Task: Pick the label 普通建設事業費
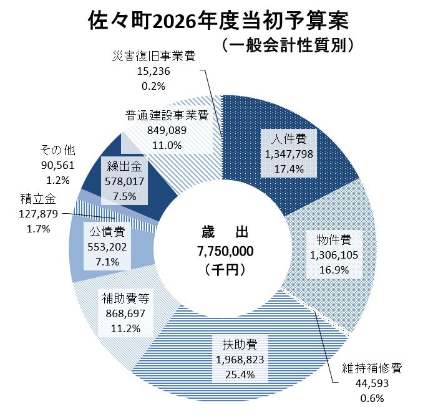165,115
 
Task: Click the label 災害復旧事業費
151,57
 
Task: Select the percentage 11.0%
165,145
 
